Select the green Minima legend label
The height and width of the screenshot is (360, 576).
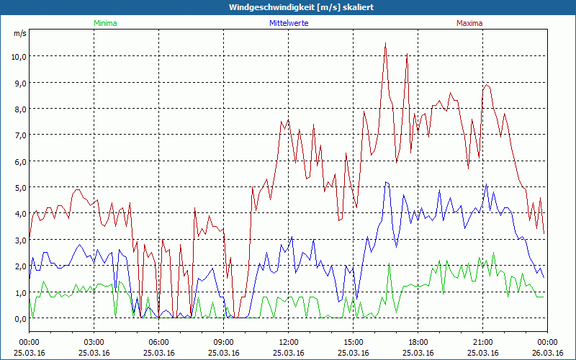[104, 23]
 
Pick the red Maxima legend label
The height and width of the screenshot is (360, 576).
[469, 23]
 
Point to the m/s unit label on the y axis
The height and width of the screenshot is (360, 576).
[19, 34]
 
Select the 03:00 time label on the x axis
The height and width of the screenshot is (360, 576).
[94, 342]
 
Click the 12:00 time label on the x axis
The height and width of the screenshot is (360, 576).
[288, 342]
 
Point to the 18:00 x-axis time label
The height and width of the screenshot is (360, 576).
[418, 342]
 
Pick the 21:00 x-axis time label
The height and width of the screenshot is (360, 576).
[482, 342]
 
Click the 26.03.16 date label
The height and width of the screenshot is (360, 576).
[547, 353]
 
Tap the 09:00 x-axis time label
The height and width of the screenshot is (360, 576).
[223, 342]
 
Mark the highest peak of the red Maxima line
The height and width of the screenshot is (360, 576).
[386, 43]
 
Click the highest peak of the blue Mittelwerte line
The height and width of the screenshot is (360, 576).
[387, 182]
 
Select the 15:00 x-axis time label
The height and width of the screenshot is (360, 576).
[353, 342]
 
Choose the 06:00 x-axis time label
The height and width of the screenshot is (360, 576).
[158, 342]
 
